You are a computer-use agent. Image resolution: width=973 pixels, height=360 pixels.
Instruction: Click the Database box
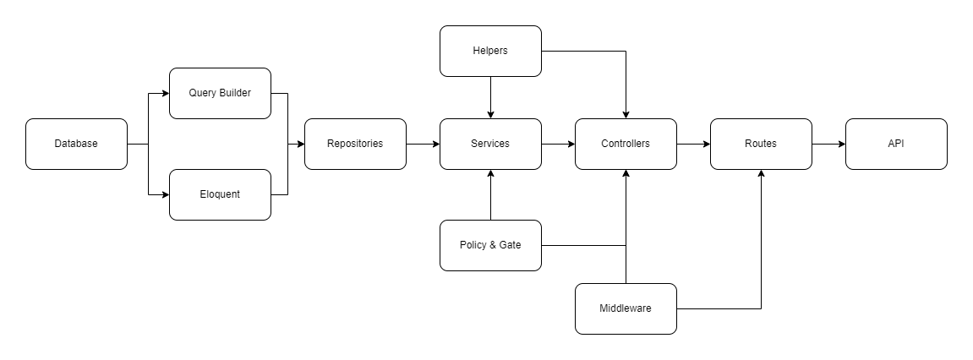coord(76,144)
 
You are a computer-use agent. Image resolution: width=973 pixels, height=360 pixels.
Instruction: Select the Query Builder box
coord(220,93)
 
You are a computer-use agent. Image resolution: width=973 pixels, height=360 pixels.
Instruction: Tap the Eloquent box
coord(220,194)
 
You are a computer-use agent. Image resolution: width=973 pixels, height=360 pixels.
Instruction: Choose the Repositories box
coord(355,144)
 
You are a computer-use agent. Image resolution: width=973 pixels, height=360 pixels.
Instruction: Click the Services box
coord(490,144)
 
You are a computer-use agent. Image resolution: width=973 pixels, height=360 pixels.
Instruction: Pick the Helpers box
coord(490,51)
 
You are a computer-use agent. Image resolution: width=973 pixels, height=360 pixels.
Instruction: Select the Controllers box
coord(626,144)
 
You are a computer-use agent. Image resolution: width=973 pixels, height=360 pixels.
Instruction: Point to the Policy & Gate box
coord(490,245)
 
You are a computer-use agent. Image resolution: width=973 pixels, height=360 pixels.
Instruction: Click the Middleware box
coord(626,308)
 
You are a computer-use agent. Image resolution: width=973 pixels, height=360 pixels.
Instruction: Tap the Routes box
coord(761,144)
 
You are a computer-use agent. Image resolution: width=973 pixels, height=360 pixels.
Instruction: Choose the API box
coord(896,144)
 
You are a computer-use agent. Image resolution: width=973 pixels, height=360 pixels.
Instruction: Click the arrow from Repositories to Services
coord(423,144)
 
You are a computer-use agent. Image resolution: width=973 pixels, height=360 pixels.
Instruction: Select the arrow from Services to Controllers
coord(558,144)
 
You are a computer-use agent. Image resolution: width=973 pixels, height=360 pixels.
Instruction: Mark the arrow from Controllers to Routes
coord(693,144)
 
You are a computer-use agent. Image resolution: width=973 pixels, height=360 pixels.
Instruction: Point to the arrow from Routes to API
coord(828,144)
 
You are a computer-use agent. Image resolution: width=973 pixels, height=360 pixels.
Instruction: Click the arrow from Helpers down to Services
coord(490,97)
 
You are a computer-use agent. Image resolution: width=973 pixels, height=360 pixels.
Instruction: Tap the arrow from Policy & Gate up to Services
coord(490,194)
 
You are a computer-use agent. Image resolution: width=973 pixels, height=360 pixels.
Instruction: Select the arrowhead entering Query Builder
coord(165,93)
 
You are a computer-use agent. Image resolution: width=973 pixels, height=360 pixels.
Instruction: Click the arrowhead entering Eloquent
coord(165,194)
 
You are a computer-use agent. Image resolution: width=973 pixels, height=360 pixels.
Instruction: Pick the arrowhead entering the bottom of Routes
coord(761,174)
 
